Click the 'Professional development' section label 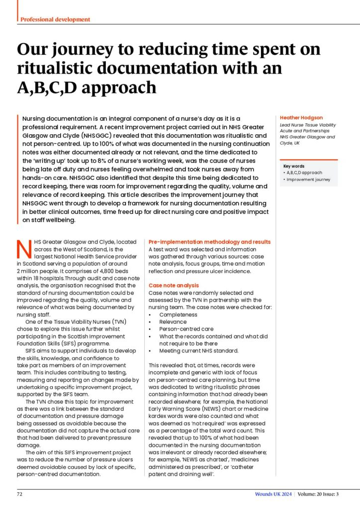click(x=55, y=19)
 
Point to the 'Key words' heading click(x=294, y=166)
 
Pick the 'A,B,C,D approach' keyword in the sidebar click(x=305, y=172)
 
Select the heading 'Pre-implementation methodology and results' click(x=209, y=242)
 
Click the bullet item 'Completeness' click(x=178, y=315)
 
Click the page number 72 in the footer click(x=20, y=494)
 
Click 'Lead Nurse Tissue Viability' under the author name click(x=308, y=125)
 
